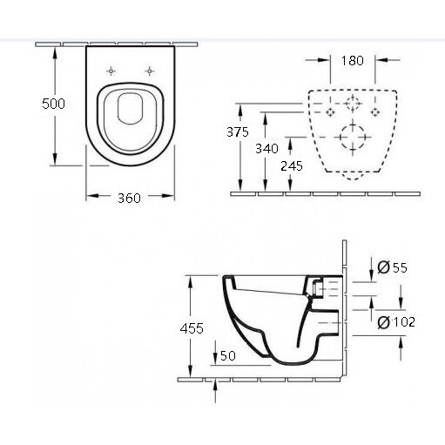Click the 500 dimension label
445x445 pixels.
click(53, 104)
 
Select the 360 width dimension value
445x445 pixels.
click(129, 198)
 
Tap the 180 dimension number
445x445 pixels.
click(352, 60)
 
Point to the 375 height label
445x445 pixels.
click(238, 132)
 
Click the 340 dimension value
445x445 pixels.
click(266, 149)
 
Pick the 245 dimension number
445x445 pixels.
click(292, 166)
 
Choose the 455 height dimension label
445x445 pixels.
click(192, 328)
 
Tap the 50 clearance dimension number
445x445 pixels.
click(228, 355)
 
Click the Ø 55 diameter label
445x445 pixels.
click(393, 267)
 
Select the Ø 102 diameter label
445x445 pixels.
click(396, 322)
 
